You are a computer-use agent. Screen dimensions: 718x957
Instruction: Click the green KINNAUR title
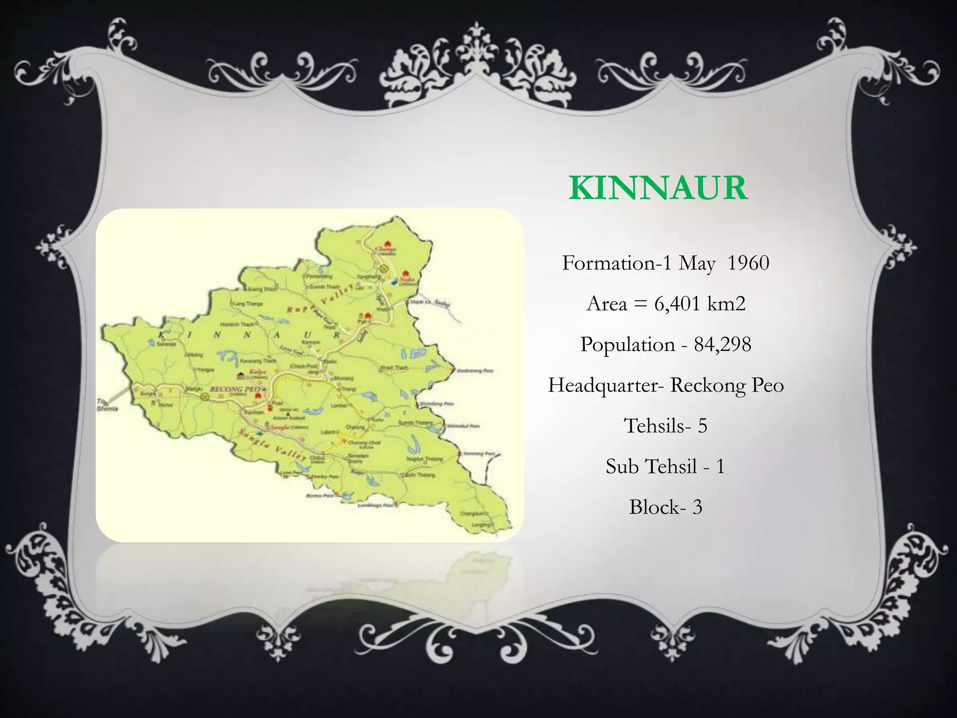tap(658, 188)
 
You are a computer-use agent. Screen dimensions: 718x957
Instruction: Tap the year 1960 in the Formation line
tap(748, 263)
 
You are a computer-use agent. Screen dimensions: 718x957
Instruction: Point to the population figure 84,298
tap(722, 345)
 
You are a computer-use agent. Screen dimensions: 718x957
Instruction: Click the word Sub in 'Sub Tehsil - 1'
tap(622, 467)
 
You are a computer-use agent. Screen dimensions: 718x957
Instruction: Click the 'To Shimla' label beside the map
tap(107, 405)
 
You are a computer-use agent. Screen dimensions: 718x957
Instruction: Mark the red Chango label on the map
tap(387, 249)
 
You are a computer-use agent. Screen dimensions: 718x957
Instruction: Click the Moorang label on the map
tap(344, 378)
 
